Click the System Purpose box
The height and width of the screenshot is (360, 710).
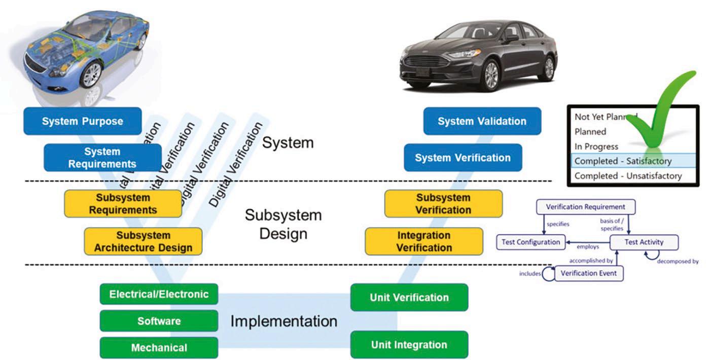82,121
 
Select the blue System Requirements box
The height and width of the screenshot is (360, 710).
102,158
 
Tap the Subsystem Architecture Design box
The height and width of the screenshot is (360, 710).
143,242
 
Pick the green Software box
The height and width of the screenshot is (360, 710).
159,321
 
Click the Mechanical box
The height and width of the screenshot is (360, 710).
159,348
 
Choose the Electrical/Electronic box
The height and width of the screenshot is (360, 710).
159,294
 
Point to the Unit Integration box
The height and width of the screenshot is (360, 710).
409,345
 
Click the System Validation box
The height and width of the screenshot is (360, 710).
482,121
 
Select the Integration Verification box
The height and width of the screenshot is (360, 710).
424,241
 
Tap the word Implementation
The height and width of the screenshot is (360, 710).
283,321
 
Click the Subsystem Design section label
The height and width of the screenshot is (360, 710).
283,224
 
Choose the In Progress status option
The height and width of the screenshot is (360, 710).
596,147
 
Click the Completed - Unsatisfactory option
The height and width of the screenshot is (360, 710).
628,176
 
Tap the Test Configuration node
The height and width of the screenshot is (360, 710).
530,242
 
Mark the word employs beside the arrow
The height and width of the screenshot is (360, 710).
588,247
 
